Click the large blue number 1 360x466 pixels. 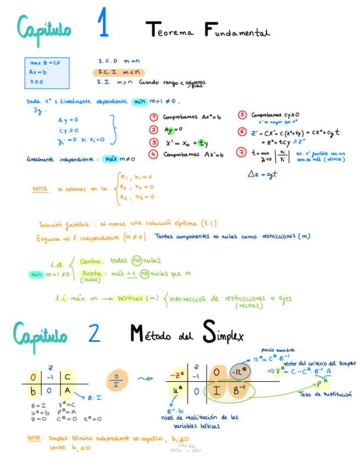coord(103,24)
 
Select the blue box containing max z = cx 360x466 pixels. coord(47,73)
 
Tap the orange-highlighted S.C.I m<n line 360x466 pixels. coord(118,71)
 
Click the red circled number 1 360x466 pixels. coord(154,117)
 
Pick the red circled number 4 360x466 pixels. coord(154,154)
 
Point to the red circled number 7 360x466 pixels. coord(242,152)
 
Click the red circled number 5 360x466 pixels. coord(242,115)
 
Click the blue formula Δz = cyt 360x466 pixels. coord(262,174)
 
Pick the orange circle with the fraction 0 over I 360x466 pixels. coord(116,379)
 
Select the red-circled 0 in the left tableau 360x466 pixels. coord(33,377)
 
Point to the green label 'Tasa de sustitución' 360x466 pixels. coord(318,395)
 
